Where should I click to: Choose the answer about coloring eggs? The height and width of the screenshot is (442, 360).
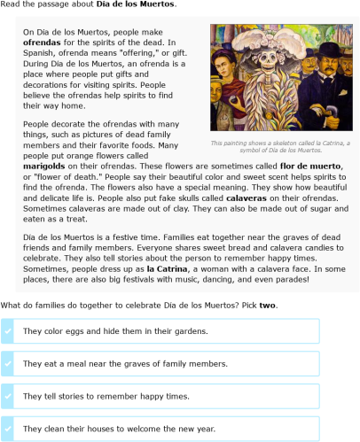102,330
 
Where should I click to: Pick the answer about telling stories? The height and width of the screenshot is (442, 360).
106,396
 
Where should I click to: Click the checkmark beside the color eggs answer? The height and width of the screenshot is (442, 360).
8,330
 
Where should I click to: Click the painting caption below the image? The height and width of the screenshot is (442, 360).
279,146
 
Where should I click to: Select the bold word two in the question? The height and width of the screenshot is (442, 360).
267,305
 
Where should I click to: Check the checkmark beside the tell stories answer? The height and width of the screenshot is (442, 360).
8,396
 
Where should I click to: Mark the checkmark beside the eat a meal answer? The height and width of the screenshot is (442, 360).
8,363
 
